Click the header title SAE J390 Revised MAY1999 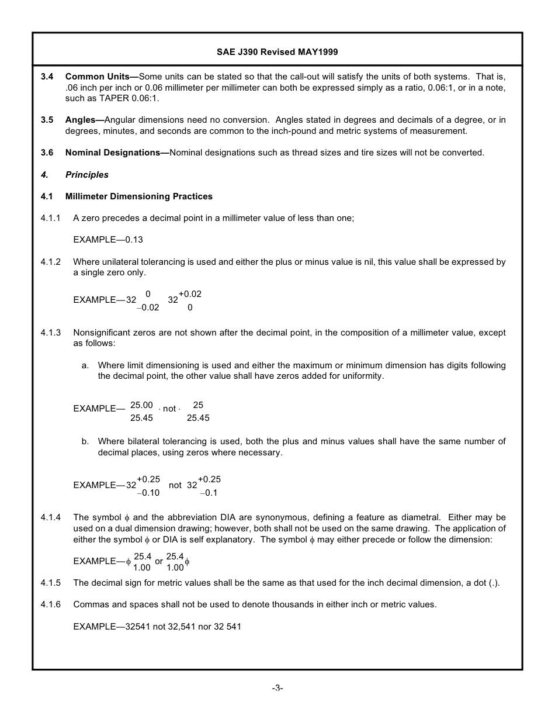point(277,52)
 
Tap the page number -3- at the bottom point(277,688)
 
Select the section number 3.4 point(47,77)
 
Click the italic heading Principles point(87,175)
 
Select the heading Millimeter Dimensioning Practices point(139,196)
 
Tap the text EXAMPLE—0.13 point(108,240)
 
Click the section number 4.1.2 point(51,262)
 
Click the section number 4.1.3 point(51,333)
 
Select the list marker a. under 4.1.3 point(85,365)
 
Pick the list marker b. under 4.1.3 point(85,441)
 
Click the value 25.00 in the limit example point(141,405)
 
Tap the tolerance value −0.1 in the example point(209,493)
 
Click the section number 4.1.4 point(51,517)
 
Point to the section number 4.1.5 point(51,583)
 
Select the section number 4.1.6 point(51,604)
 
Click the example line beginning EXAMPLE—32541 point(157,627)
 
